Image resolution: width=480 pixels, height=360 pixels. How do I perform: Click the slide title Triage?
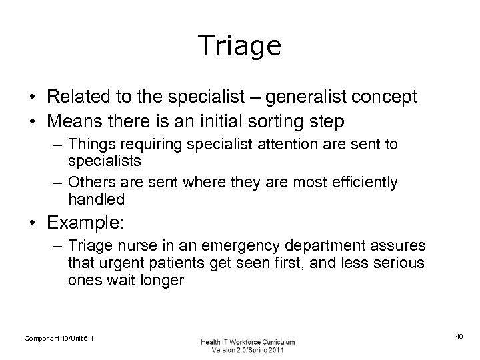click(239, 46)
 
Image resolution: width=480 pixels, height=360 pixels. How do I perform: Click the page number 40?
click(458, 338)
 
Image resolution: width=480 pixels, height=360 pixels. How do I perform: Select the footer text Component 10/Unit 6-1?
click(59, 339)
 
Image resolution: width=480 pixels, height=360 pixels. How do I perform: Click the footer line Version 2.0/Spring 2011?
click(247, 351)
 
